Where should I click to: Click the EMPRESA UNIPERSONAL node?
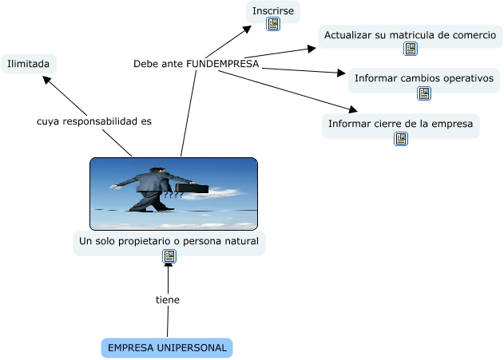(x=167, y=348)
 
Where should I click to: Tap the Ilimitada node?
(x=29, y=64)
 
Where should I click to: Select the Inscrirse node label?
(x=273, y=10)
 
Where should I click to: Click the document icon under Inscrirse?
(x=273, y=25)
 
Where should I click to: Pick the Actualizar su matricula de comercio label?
(x=411, y=35)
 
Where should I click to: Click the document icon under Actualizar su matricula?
(x=411, y=49)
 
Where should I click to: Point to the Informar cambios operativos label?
(x=424, y=78)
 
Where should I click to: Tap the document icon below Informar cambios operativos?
(x=424, y=93)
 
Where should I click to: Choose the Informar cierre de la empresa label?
(x=401, y=124)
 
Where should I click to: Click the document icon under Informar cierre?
(x=401, y=139)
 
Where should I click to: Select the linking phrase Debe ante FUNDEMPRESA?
(x=196, y=64)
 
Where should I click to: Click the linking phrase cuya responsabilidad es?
(x=94, y=122)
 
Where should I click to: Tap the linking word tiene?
(x=168, y=300)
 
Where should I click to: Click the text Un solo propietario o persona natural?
(x=169, y=240)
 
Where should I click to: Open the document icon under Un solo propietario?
(x=169, y=256)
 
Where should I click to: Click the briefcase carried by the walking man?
(x=192, y=189)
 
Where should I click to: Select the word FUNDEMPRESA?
(x=223, y=64)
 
